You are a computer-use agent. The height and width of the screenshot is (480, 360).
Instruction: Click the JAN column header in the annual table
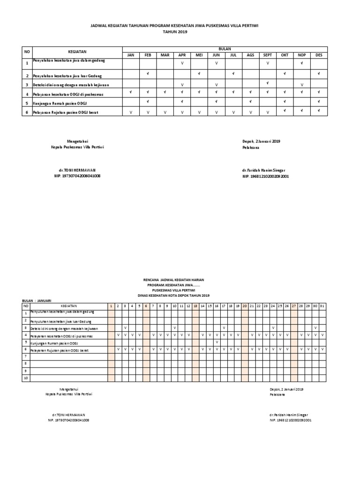(131, 55)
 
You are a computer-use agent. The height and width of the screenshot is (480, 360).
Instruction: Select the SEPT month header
(267, 55)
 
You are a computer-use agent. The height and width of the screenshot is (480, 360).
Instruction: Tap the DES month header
(319, 55)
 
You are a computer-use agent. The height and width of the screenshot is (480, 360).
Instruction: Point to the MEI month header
(199, 55)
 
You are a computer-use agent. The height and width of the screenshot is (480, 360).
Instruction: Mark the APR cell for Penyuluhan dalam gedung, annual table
(182, 63)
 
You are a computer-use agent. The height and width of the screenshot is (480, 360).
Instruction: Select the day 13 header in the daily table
(195, 306)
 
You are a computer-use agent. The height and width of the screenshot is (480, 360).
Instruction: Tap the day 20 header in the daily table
(245, 306)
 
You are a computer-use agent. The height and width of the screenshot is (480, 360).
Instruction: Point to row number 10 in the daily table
(26, 378)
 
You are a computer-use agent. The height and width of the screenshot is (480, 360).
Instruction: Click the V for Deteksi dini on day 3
(125, 328)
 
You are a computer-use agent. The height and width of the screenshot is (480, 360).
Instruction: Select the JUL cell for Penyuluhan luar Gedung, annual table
(233, 74)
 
